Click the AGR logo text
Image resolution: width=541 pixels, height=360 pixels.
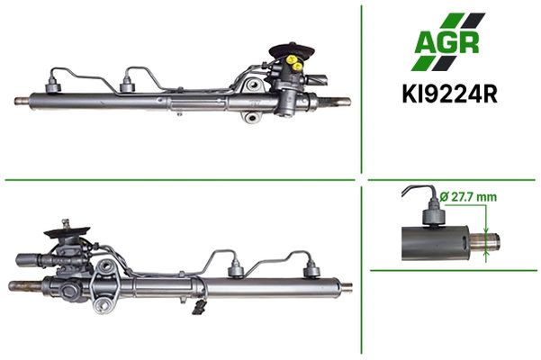(446, 43)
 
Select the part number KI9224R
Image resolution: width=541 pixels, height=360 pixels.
(449, 94)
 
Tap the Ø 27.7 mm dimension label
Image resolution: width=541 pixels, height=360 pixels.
(469, 197)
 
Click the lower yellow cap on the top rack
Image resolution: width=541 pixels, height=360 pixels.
(297, 66)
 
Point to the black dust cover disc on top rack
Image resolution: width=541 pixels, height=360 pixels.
(292, 50)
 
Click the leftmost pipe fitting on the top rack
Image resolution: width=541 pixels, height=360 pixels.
(53, 85)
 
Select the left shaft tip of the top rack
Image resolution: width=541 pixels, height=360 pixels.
(22, 101)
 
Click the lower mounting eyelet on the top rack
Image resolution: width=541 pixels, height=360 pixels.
(251, 118)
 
